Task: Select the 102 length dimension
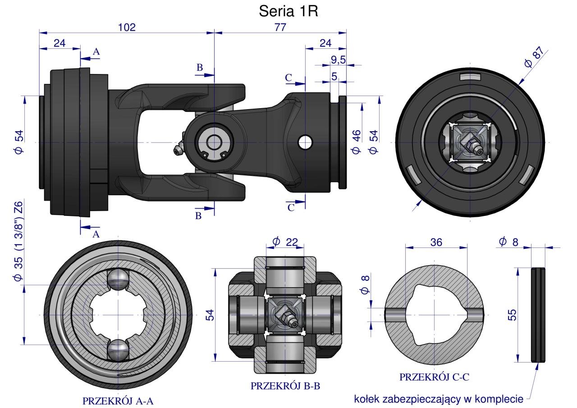tap(127, 28)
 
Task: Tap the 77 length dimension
tap(280, 28)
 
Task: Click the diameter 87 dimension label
tap(536, 57)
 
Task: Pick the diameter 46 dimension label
tap(356, 142)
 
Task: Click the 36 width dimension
tap(436, 242)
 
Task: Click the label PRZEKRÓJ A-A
tap(118, 401)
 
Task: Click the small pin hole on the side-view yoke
tap(305, 142)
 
